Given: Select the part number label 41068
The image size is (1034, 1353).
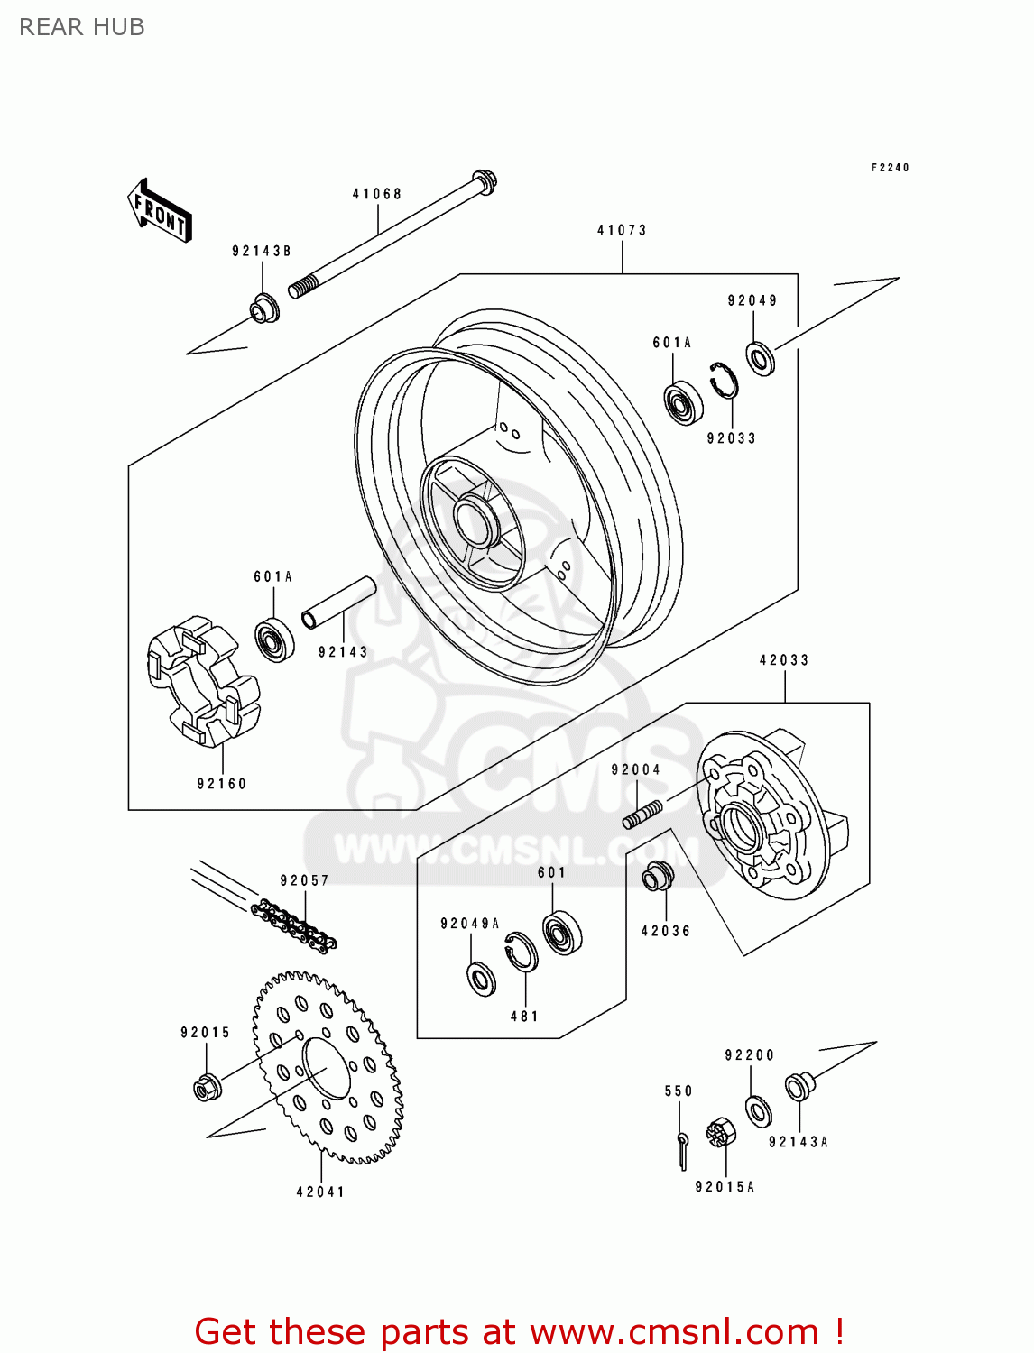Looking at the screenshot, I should tap(377, 194).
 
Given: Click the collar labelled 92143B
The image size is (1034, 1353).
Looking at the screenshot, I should tap(264, 308).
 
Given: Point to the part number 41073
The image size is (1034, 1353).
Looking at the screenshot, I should tap(622, 230).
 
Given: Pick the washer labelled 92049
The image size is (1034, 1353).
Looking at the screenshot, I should tap(761, 358).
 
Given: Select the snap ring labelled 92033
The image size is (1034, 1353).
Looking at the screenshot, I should tap(724, 379).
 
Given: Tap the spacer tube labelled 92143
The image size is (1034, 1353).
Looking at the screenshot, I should tap(338, 603).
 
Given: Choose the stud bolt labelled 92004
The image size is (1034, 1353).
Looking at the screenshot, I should tap(642, 814).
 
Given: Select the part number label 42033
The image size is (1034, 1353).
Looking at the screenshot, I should tap(784, 660).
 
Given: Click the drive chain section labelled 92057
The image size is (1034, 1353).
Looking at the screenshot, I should tap(294, 925).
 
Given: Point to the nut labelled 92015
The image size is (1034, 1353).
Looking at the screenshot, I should tap(208, 1087).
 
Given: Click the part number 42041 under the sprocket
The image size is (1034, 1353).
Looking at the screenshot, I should tap(320, 1192).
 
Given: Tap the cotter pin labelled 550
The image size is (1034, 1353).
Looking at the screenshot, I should tap(683, 1148).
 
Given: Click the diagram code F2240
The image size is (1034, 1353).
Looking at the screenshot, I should tap(890, 168).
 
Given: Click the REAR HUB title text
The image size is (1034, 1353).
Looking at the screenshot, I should tap(82, 27).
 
